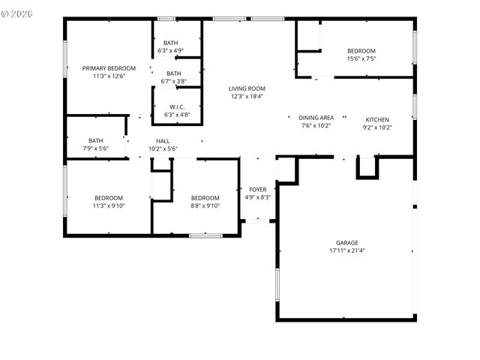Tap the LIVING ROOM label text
(x=247, y=88)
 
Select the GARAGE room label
(x=346, y=242)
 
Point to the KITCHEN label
(x=377, y=119)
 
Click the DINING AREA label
(x=316, y=118)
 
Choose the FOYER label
(x=257, y=189)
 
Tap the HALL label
(x=163, y=141)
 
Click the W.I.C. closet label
(x=177, y=107)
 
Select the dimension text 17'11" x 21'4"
(x=346, y=250)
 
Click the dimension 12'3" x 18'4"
(x=247, y=97)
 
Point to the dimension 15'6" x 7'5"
(x=361, y=58)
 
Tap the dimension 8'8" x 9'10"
(x=205, y=205)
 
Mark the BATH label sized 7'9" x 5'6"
(x=96, y=140)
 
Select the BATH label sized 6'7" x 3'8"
(x=174, y=73)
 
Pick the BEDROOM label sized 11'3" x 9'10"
(x=108, y=197)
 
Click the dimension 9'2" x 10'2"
(x=377, y=127)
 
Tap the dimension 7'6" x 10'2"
(x=316, y=126)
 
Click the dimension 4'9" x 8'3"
(x=257, y=197)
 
